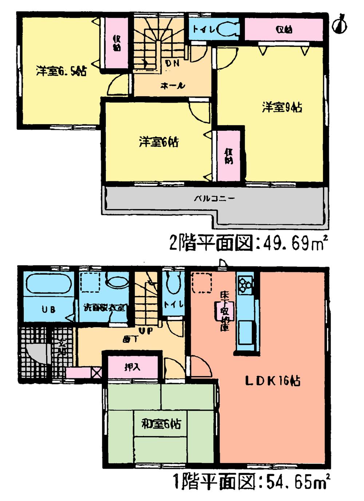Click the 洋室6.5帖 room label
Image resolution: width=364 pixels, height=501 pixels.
point(61,71)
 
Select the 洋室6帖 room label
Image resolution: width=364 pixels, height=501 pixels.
point(159,142)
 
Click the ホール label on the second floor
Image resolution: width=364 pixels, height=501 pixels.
point(173,86)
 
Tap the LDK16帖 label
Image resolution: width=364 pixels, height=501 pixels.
point(272,381)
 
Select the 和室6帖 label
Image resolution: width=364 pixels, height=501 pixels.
point(161,424)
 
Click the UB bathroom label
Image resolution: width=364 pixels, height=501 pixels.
point(48,310)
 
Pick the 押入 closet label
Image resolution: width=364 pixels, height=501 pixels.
point(132,367)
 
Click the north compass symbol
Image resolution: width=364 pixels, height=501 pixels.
point(340,24)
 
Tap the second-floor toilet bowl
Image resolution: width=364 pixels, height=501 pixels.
point(229,29)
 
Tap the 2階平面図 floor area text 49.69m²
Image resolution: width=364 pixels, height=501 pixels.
point(250,243)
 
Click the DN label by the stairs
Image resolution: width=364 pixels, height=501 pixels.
point(172,63)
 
